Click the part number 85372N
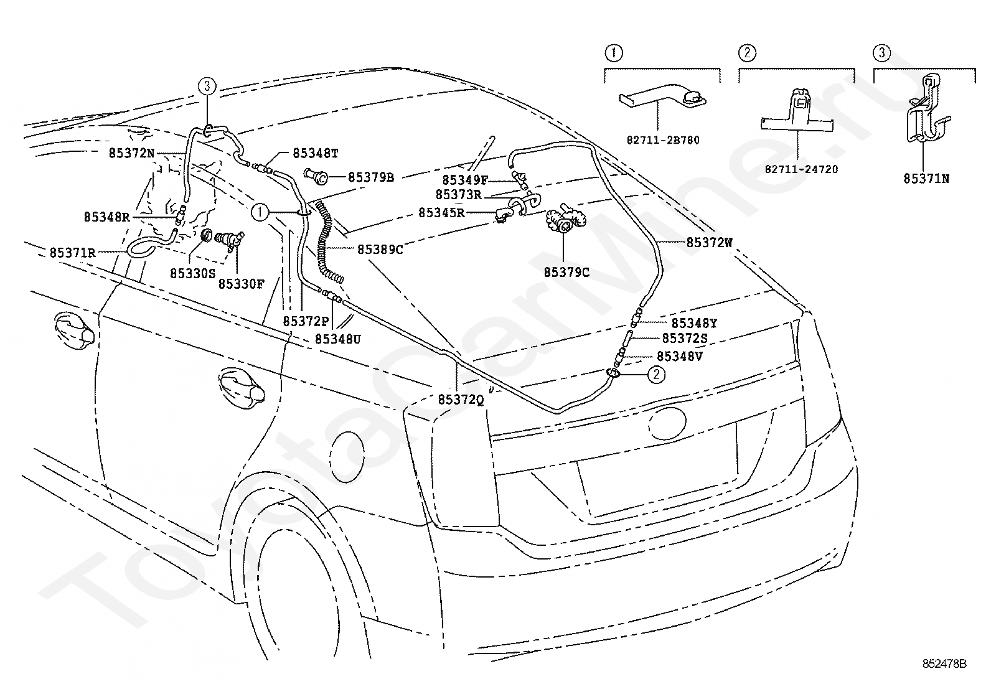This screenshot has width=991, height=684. click(x=131, y=153)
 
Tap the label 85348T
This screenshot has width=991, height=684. click(x=316, y=153)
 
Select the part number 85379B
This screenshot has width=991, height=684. click(x=371, y=177)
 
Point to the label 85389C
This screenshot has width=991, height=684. click(x=380, y=250)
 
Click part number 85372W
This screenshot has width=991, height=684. click(x=709, y=243)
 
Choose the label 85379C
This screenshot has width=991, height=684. click(x=566, y=272)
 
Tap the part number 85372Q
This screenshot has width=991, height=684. click(x=461, y=400)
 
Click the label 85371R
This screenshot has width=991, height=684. click(x=73, y=253)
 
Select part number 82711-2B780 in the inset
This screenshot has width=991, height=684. click(x=663, y=140)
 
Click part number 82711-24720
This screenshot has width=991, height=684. click(x=801, y=169)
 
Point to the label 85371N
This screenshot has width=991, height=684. click(x=926, y=178)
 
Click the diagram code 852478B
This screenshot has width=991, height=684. click(x=944, y=663)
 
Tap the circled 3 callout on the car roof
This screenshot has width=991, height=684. click(x=207, y=86)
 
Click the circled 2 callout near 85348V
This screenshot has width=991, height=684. click(x=656, y=374)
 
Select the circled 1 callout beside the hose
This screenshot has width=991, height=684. click(x=260, y=212)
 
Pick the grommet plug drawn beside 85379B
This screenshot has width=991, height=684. click(x=316, y=176)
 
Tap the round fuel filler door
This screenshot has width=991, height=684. click(x=347, y=457)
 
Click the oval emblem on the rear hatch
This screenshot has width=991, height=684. click(x=667, y=423)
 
